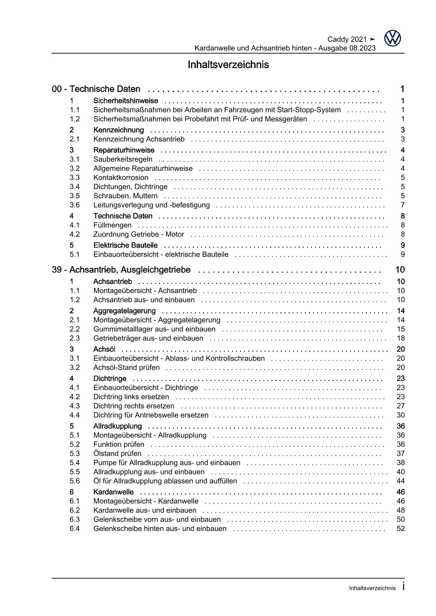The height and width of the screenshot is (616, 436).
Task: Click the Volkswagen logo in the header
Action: click(x=392, y=38)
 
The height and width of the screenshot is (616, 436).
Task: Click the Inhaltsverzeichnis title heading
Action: click(x=228, y=65)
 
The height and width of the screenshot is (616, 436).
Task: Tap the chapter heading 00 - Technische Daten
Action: click(x=96, y=89)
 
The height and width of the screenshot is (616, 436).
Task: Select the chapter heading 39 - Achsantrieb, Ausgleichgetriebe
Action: click(x=121, y=270)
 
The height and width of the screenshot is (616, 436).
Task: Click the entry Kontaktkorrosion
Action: click(x=121, y=178)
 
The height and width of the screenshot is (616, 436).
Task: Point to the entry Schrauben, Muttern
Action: click(x=126, y=196)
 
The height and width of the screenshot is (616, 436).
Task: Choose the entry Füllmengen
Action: click(x=113, y=225)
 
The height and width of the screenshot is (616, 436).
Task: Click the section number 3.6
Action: click(x=75, y=205)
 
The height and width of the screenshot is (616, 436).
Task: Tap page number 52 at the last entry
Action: click(x=400, y=529)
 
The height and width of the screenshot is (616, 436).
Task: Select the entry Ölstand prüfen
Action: click(x=117, y=454)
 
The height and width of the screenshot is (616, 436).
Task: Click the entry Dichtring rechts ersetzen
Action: click(x=134, y=406)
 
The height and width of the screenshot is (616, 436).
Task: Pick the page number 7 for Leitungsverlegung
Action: click(x=403, y=205)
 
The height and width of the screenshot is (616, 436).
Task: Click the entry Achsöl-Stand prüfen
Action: click(x=126, y=368)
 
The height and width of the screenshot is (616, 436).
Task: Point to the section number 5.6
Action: click(x=75, y=481)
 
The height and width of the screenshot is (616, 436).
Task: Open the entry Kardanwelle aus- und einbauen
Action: click(x=145, y=511)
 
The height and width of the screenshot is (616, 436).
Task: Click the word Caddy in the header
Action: click(x=338, y=39)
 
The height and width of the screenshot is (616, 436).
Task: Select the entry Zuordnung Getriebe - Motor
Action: click(x=139, y=234)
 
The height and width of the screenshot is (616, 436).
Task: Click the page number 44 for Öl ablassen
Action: click(x=400, y=481)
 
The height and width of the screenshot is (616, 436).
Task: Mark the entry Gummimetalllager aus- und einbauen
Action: click(x=154, y=329)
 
